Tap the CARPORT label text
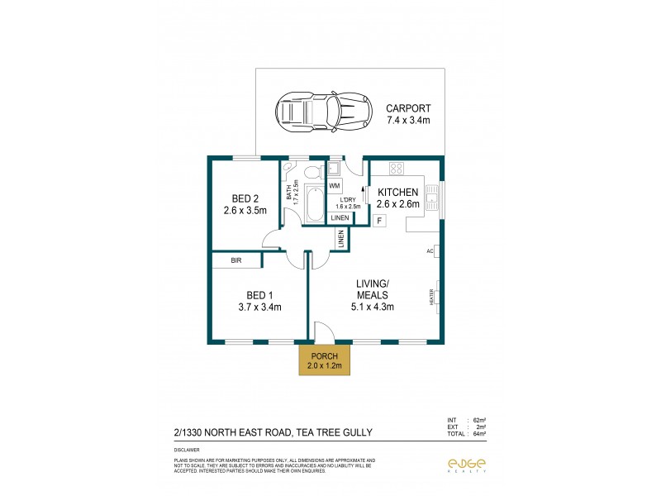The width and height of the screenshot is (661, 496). click(408, 108)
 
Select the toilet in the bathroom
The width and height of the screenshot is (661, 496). click(313, 173)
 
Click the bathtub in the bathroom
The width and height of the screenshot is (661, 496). click(314, 204)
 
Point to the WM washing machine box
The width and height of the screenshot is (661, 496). click(335, 186)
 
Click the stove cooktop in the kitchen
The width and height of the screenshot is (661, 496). click(396, 169)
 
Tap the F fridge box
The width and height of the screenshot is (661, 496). click(379, 221)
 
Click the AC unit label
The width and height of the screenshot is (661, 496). click(430, 250)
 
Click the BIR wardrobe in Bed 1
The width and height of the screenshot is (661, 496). click(236, 260)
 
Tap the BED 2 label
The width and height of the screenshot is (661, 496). click(245, 198)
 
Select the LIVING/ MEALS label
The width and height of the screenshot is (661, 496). click(372, 290)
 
